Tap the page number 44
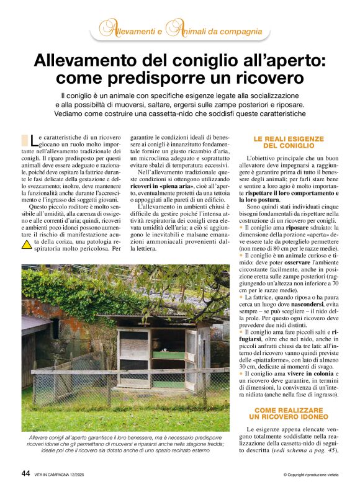[x=25, y=473]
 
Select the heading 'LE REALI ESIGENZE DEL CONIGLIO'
[x=288, y=142]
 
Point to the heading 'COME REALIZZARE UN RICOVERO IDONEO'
[x=288, y=414]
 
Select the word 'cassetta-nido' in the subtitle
[x=189, y=114]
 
